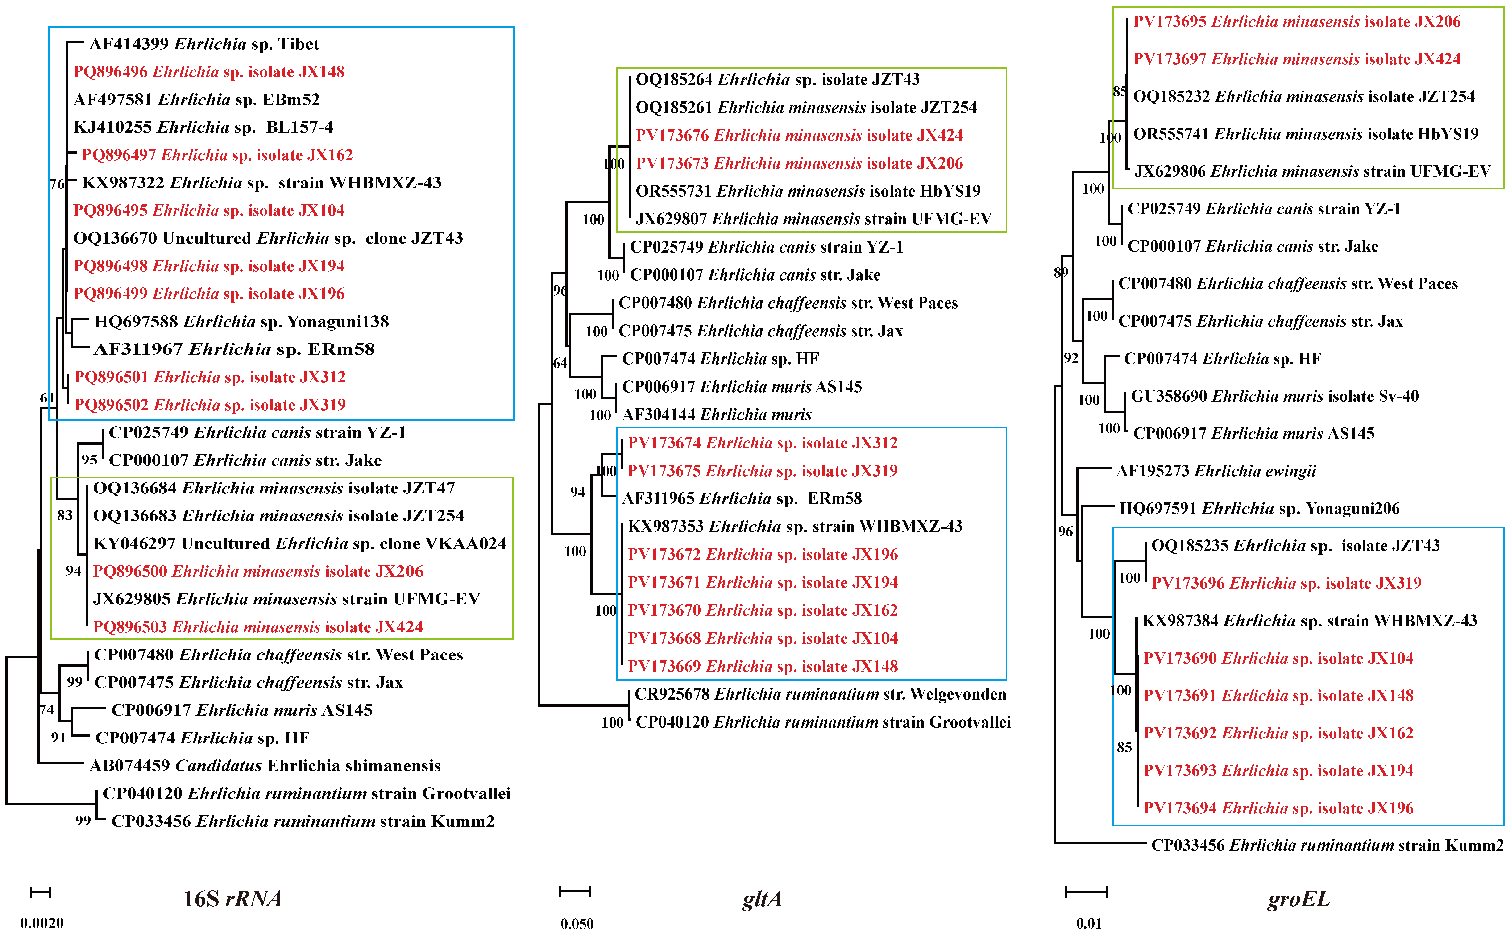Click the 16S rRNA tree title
pyautogui.click(x=232, y=898)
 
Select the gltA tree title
pyautogui.click(x=762, y=898)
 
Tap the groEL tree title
pyautogui.click(x=1298, y=898)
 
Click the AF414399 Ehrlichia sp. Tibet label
pyautogui.click(x=204, y=44)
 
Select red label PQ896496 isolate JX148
pyautogui.click(x=209, y=72)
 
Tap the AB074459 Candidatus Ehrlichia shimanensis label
pyautogui.click(x=265, y=766)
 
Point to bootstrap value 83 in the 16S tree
pyautogui.click(x=65, y=515)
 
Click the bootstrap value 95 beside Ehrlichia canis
pyautogui.click(x=89, y=460)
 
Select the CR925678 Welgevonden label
pyautogui.click(x=820, y=694)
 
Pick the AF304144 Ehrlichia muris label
pyautogui.click(x=716, y=415)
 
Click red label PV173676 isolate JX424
pyautogui.click(x=799, y=135)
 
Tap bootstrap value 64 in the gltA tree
pyautogui.click(x=560, y=363)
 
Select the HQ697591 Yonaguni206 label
pyautogui.click(x=1259, y=508)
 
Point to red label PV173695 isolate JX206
pyautogui.click(x=1296, y=22)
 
